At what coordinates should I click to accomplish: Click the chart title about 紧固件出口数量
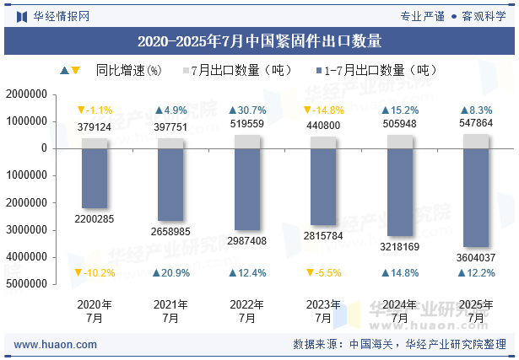(x=259, y=40)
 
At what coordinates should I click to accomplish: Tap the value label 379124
(x=95, y=127)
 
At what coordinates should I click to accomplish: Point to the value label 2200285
(x=95, y=219)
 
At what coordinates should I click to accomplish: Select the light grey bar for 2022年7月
(x=247, y=142)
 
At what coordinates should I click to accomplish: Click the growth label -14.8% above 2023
(x=323, y=110)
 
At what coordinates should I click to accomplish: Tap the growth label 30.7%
(x=247, y=110)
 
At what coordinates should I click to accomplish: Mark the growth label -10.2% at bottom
(x=95, y=273)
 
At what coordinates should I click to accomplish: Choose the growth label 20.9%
(x=171, y=273)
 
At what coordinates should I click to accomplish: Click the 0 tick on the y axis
(x=43, y=148)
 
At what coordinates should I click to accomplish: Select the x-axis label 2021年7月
(x=171, y=312)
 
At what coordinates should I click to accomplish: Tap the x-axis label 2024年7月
(x=400, y=312)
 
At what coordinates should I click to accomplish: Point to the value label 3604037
(x=476, y=257)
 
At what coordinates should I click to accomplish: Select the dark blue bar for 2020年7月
(x=95, y=179)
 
